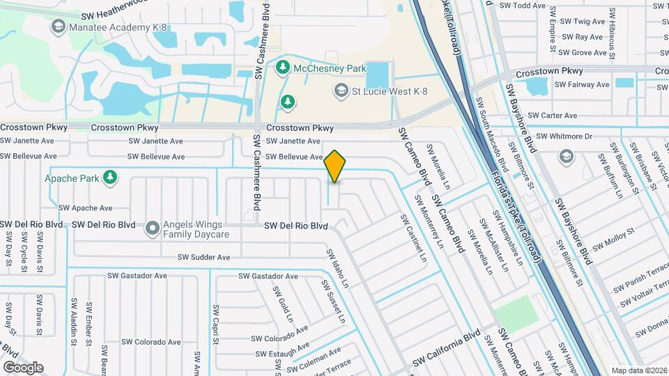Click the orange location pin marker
(334, 166)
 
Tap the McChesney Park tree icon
(283, 68)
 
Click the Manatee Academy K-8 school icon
(58, 26)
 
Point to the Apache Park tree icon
(109, 178)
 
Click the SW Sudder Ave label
(203, 258)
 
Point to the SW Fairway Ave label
(583, 85)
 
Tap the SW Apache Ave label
(85, 208)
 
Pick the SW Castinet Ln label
(413, 238)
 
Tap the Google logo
(22, 367)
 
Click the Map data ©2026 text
(638, 370)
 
